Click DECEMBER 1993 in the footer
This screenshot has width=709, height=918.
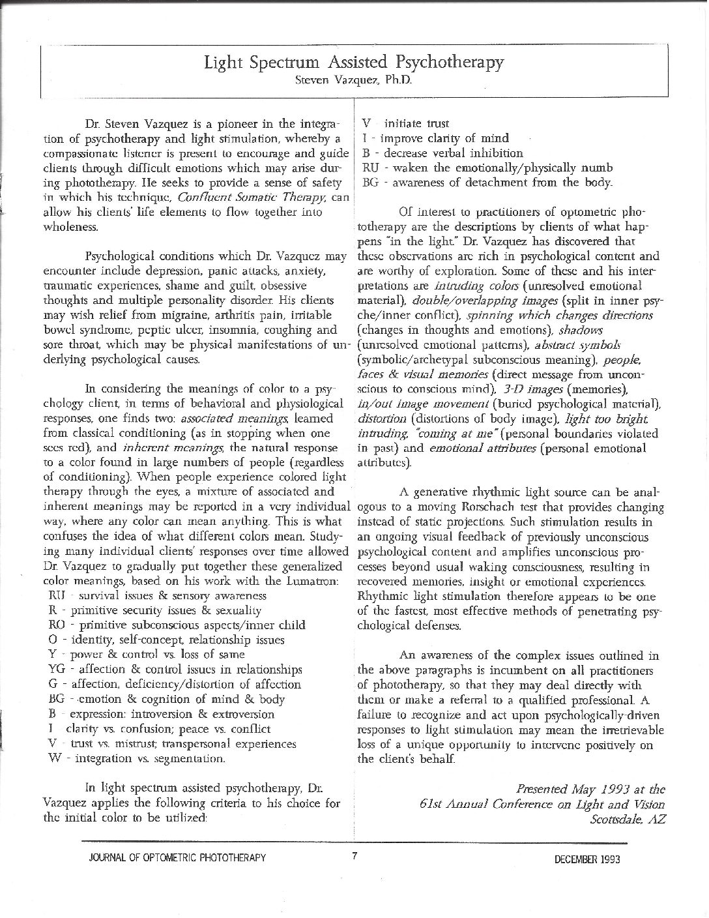click(587, 859)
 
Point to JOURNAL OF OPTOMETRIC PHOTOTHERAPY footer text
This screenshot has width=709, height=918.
click(177, 858)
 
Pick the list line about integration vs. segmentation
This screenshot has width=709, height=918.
click(137, 759)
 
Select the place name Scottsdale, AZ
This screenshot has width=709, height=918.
click(628, 820)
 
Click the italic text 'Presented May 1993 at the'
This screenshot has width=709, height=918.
click(590, 790)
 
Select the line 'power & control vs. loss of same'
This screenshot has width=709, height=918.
click(147, 655)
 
